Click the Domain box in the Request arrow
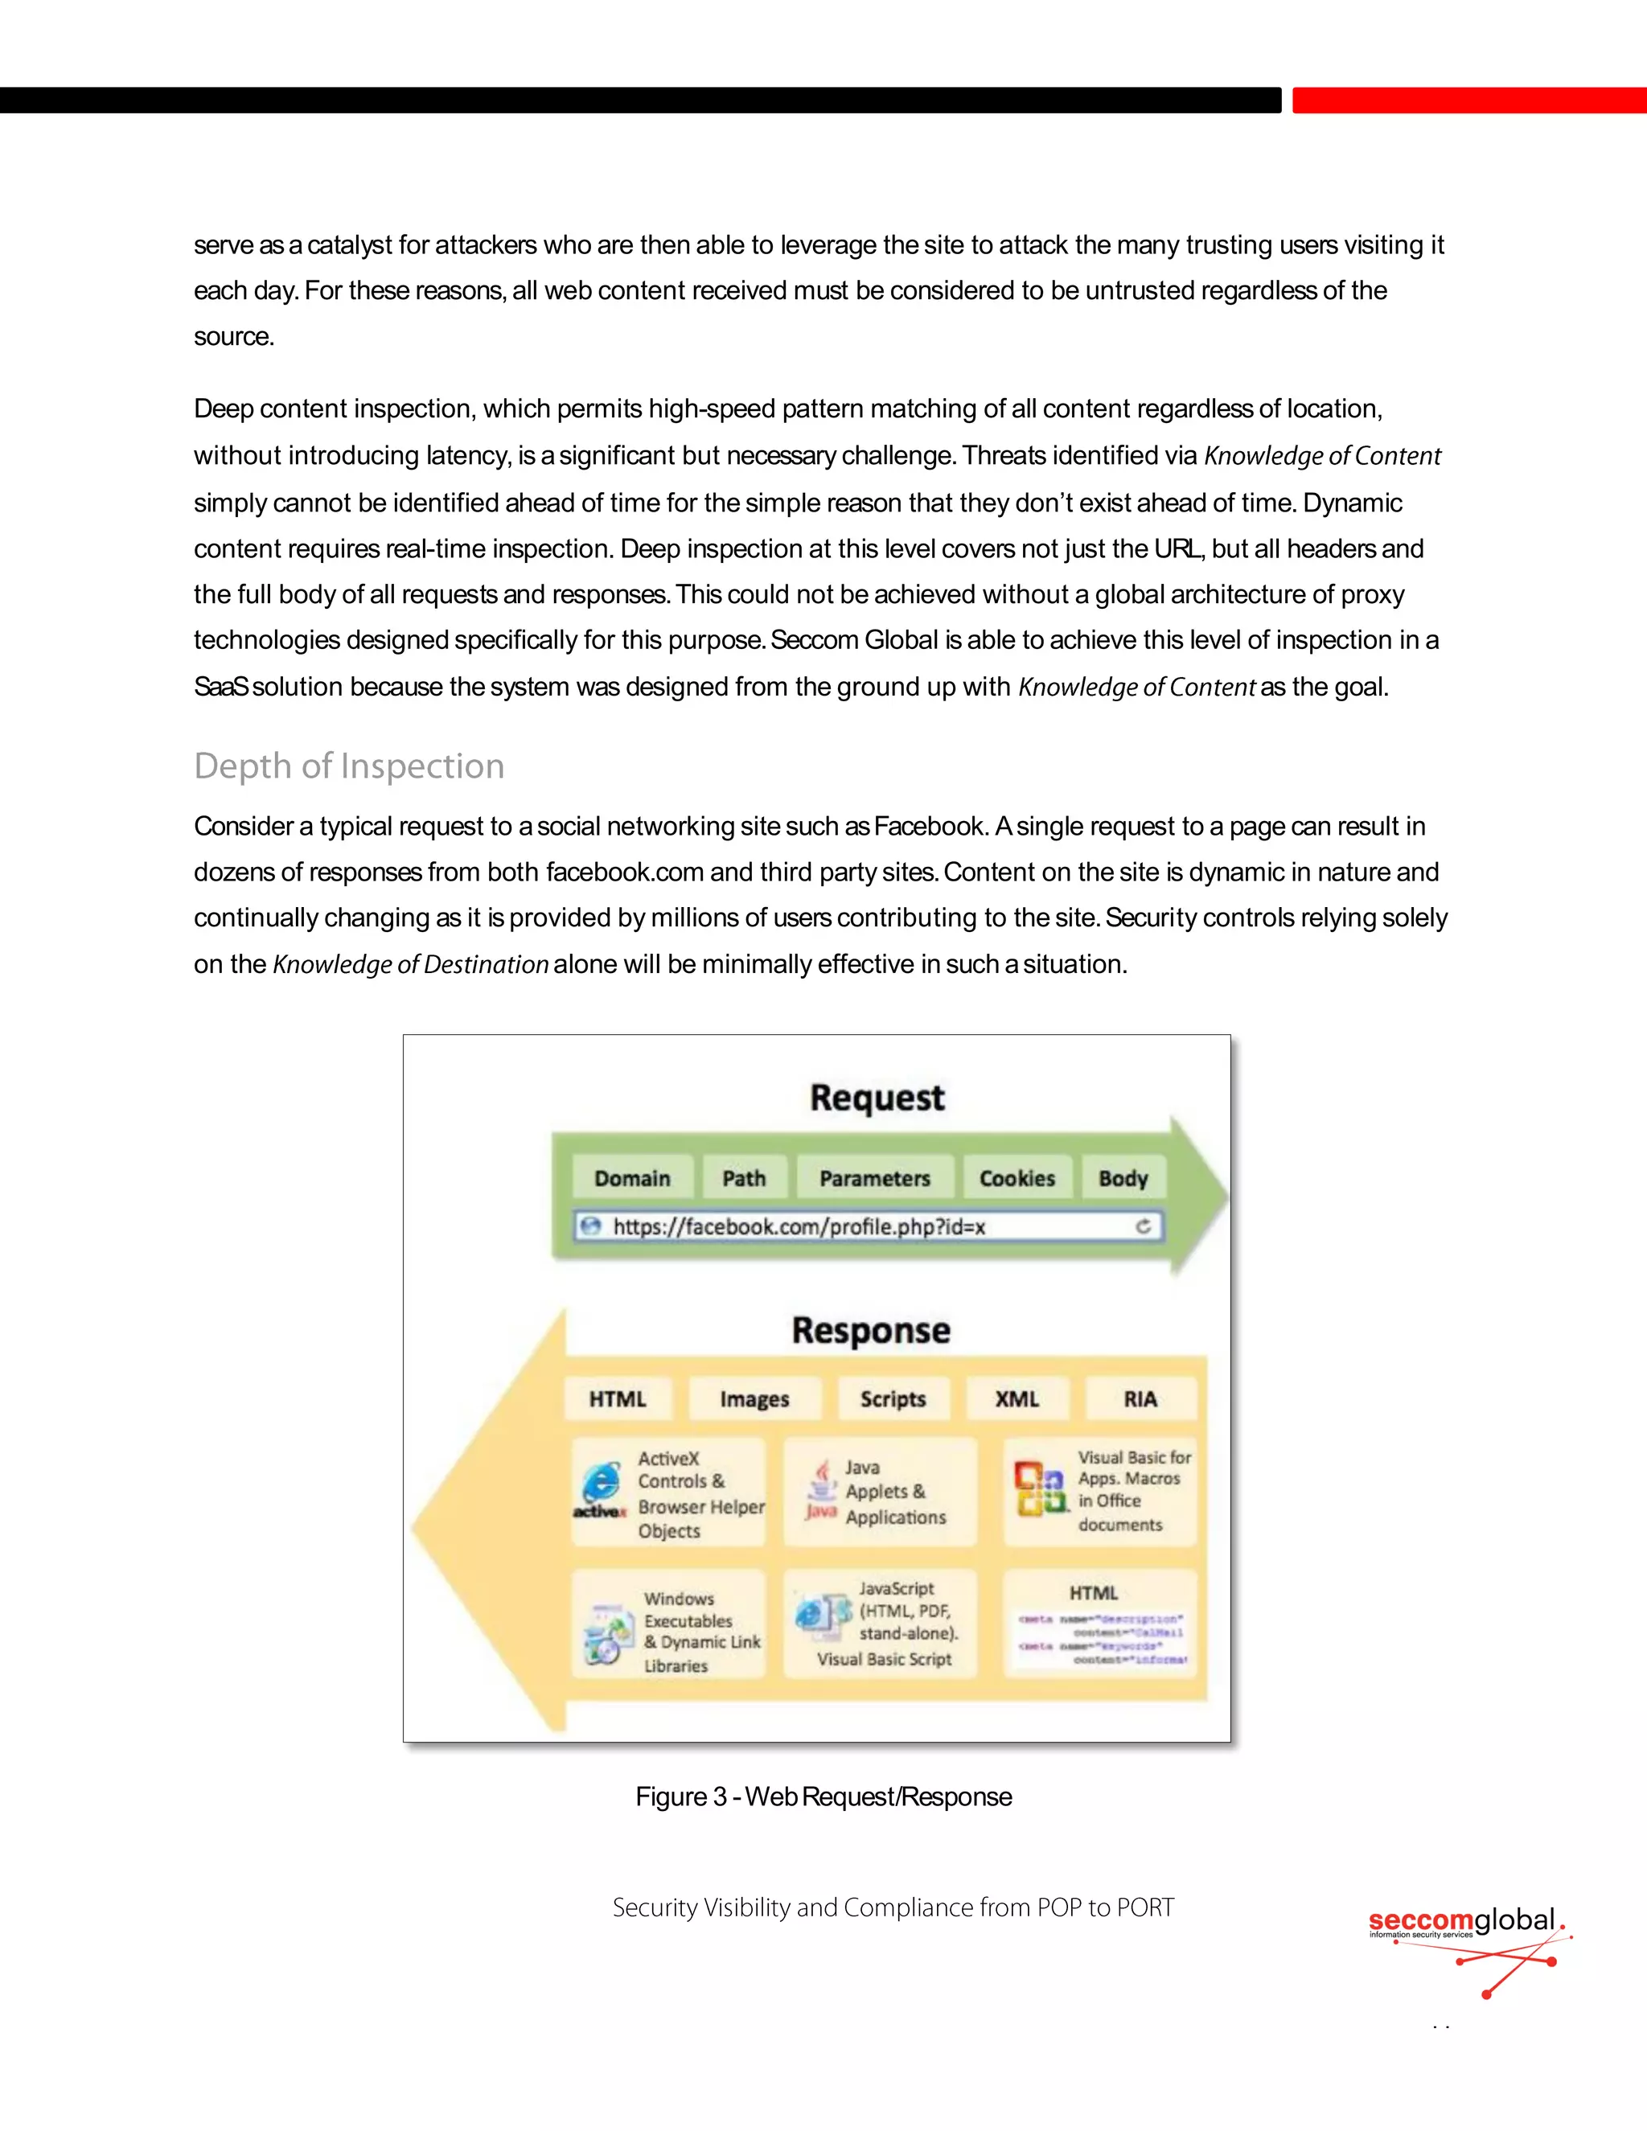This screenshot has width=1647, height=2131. pos(632,1178)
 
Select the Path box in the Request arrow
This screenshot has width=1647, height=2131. pos(744,1178)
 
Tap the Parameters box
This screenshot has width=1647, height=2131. pos(874,1178)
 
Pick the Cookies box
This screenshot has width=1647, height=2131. pos(1017,1178)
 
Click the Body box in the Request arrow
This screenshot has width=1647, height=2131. pos(1122,1178)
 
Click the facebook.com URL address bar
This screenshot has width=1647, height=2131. pos(859,1226)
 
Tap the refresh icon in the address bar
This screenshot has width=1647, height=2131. pos(1144,1226)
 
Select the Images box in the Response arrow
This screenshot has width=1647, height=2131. pos(754,1398)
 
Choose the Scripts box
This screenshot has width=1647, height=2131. pos(893,1398)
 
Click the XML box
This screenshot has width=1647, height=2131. pos(1017,1398)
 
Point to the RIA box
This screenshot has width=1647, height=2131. pos(1140,1398)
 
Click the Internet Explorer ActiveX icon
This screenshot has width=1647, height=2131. pos(600,1486)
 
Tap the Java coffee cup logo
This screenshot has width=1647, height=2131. pos(823,1488)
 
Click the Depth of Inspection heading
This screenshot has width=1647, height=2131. pos(349,766)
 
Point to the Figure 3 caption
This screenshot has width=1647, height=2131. pos(823,1796)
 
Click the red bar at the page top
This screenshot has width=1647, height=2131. pos(1468,101)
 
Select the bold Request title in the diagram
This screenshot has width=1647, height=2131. pos(877,1098)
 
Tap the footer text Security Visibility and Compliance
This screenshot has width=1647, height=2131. pos(893,1907)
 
